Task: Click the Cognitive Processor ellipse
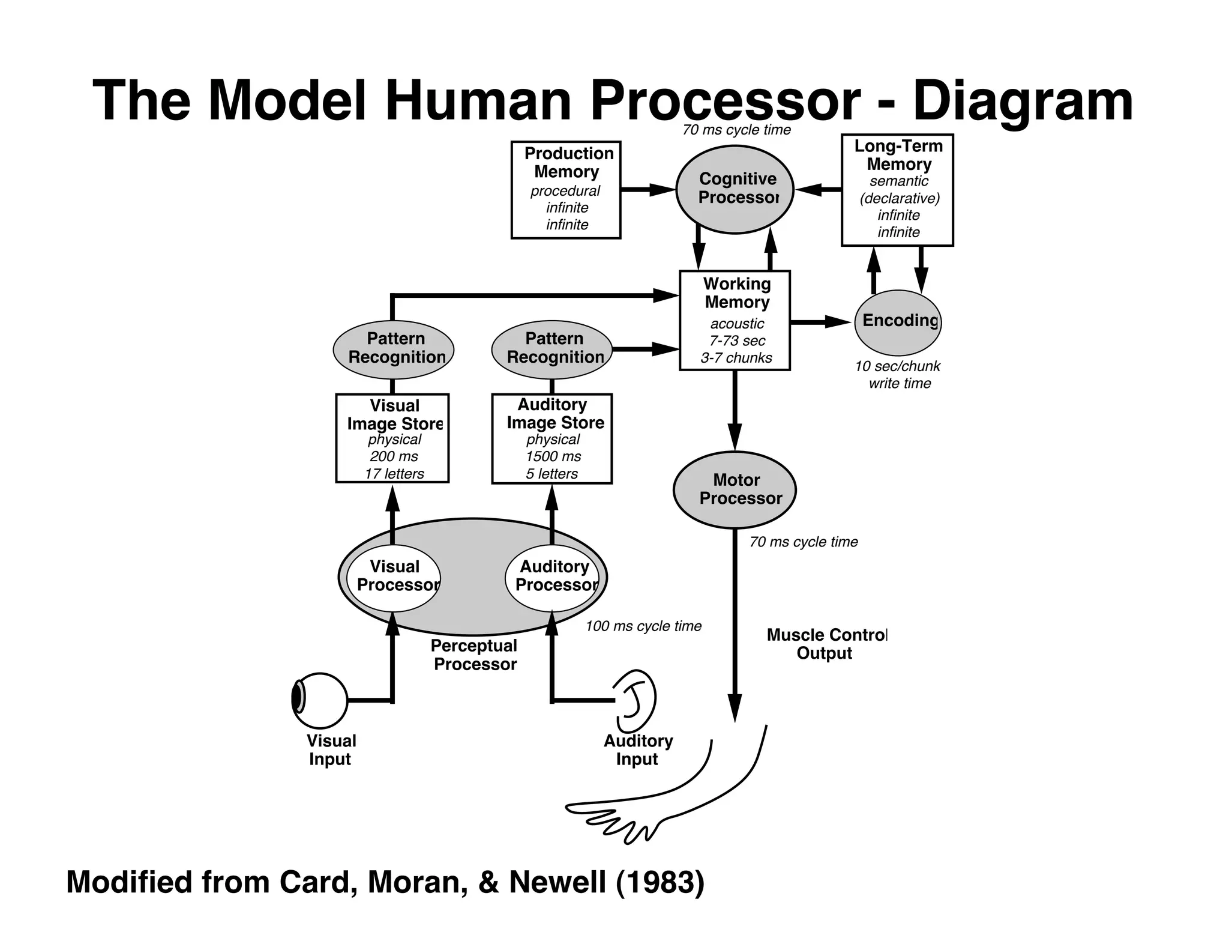click(x=735, y=189)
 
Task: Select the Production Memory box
click(x=565, y=190)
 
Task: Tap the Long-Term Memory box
click(x=897, y=190)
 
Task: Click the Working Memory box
click(x=735, y=320)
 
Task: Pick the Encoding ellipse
click(x=897, y=322)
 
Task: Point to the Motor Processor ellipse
click(x=735, y=489)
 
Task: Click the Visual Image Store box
click(x=392, y=438)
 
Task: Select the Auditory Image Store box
click(x=551, y=438)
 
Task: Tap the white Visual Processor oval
click(x=394, y=577)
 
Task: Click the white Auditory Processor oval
click(x=553, y=577)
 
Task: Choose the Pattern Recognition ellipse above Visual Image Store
click(x=394, y=349)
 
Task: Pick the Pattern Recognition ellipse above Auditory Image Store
click(x=551, y=349)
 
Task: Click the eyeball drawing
click(x=319, y=700)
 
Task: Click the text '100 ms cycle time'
click(x=643, y=626)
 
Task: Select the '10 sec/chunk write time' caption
click(x=898, y=375)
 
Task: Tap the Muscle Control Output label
click(x=825, y=644)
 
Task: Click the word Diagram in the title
click(x=1023, y=101)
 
